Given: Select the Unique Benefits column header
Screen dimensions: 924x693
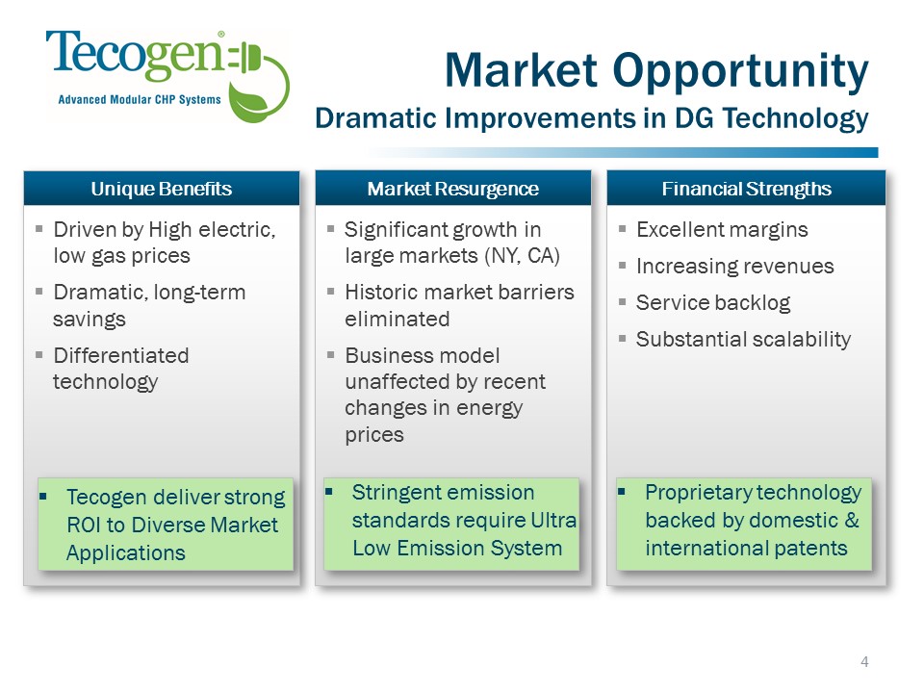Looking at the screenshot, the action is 162,189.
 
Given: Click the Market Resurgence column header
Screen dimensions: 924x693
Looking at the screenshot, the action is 452,189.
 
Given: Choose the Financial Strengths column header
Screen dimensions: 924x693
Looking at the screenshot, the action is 746,189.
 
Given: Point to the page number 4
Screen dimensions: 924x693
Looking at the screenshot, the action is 864,662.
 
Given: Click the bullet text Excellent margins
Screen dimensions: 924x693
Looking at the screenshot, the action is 722,230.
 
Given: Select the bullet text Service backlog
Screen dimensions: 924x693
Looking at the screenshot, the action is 713,303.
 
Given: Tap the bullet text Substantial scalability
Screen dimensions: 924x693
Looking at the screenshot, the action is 744,340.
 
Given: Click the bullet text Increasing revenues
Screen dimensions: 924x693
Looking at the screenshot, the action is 734,267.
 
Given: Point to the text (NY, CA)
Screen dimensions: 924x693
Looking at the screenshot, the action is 522,256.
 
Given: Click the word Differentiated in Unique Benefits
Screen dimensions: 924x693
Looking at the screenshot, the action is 121,356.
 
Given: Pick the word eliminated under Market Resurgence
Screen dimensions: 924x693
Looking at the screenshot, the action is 398,320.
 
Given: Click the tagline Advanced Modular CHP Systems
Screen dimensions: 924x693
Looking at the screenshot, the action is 140,100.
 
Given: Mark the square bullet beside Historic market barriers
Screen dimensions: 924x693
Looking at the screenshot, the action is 330,291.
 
